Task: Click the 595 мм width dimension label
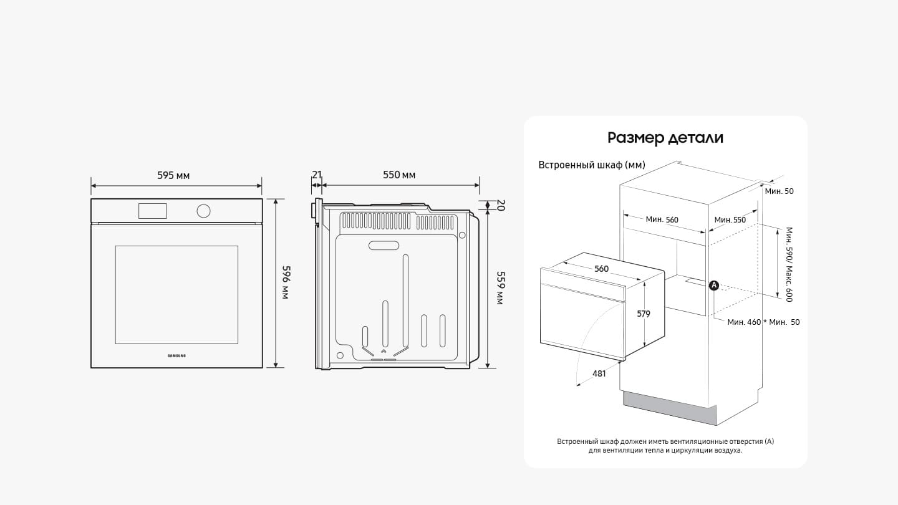coord(173,176)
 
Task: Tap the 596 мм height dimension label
coord(286,282)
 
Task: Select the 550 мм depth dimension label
coord(399,175)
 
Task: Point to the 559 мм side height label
coord(501,288)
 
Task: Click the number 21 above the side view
coord(317,175)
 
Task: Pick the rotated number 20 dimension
coord(501,204)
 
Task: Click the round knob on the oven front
coord(203,211)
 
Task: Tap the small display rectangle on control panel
coord(152,211)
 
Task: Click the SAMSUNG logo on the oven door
coord(176,355)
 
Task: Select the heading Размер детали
coord(665,138)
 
